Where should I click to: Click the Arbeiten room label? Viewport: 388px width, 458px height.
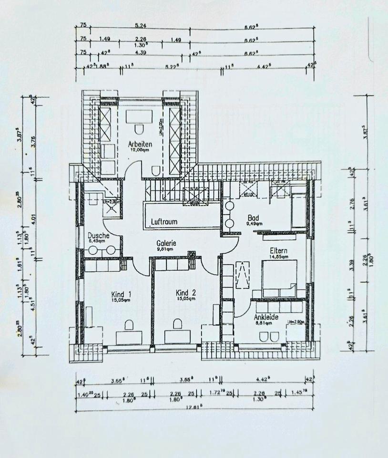coord(140,144)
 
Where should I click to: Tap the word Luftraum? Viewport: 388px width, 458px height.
coord(163,222)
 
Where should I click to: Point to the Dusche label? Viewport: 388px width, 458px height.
coord(99,235)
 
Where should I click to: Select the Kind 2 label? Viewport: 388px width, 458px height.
coord(185,292)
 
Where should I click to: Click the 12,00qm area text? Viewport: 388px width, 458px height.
coord(140,150)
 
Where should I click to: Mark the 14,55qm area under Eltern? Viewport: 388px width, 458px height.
coord(278,256)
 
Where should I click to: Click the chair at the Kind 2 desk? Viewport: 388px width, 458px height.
coord(178,324)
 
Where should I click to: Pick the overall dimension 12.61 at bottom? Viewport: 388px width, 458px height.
coord(193,407)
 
